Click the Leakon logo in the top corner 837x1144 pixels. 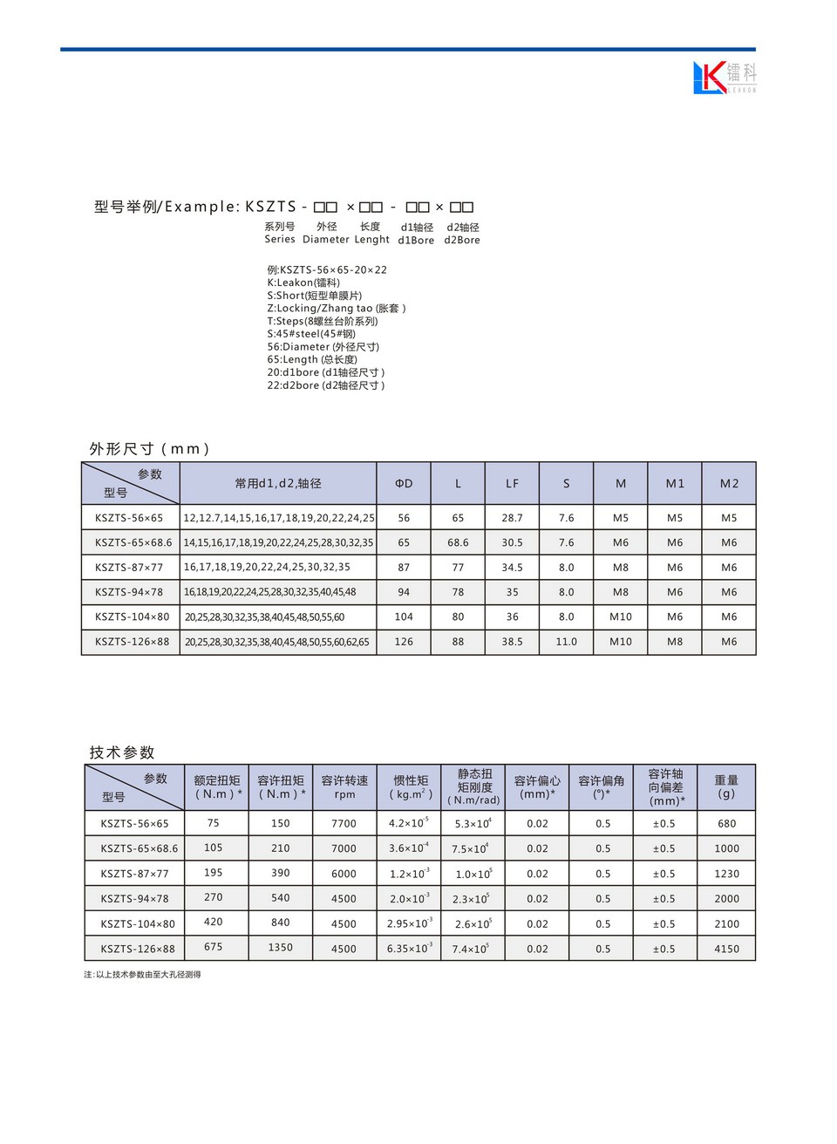click(724, 78)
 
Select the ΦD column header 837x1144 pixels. click(404, 483)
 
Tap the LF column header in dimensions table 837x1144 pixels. click(512, 483)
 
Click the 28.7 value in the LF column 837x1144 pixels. click(512, 518)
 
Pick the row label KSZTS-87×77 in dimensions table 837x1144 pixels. click(129, 568)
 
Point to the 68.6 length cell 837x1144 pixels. click(458, 542)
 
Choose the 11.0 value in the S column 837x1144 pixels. click(566, 642)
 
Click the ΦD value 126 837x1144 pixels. click(404, 642)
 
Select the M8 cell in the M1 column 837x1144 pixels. click(675, 642)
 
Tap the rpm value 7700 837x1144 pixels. click(344, 823)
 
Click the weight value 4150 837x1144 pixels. click(726, 949)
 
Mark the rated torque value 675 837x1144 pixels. click(214, 947)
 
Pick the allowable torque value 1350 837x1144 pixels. click(280, 947)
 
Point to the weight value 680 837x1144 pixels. click(726, 823)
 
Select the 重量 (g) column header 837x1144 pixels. click(726, 786)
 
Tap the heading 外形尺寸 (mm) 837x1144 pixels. click(149, 449)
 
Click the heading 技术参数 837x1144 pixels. click(122, 752)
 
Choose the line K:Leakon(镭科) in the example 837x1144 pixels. click(303, 283)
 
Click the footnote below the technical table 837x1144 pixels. click(142, 975)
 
